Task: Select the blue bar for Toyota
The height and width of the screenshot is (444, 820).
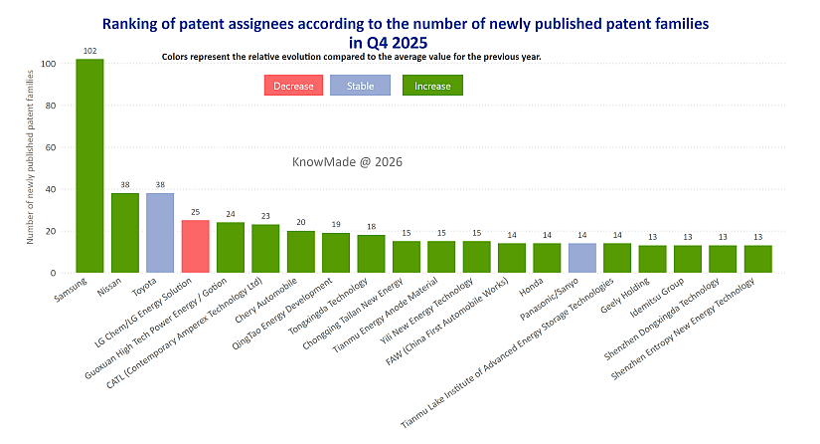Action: coord(160,233)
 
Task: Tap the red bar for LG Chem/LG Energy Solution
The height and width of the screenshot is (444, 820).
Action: coord(196,247)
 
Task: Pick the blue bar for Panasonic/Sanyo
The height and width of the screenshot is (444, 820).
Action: coord(582,258)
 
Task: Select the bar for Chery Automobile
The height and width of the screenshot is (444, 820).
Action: coord(301,252)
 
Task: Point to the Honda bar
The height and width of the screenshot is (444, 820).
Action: coord(547,258)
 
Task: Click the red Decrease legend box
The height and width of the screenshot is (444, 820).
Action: coord(293,86)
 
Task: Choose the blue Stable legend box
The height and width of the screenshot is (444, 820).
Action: coord(360,86)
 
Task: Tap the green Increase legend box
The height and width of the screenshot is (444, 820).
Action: coord(432,86)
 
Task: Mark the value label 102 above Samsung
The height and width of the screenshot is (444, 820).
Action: coord(89,51)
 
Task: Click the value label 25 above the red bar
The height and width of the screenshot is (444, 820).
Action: coord(196,212)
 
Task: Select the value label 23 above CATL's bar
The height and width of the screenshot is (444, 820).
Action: coord(265,216)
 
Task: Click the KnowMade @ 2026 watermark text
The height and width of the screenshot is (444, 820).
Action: coord(347,161)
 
